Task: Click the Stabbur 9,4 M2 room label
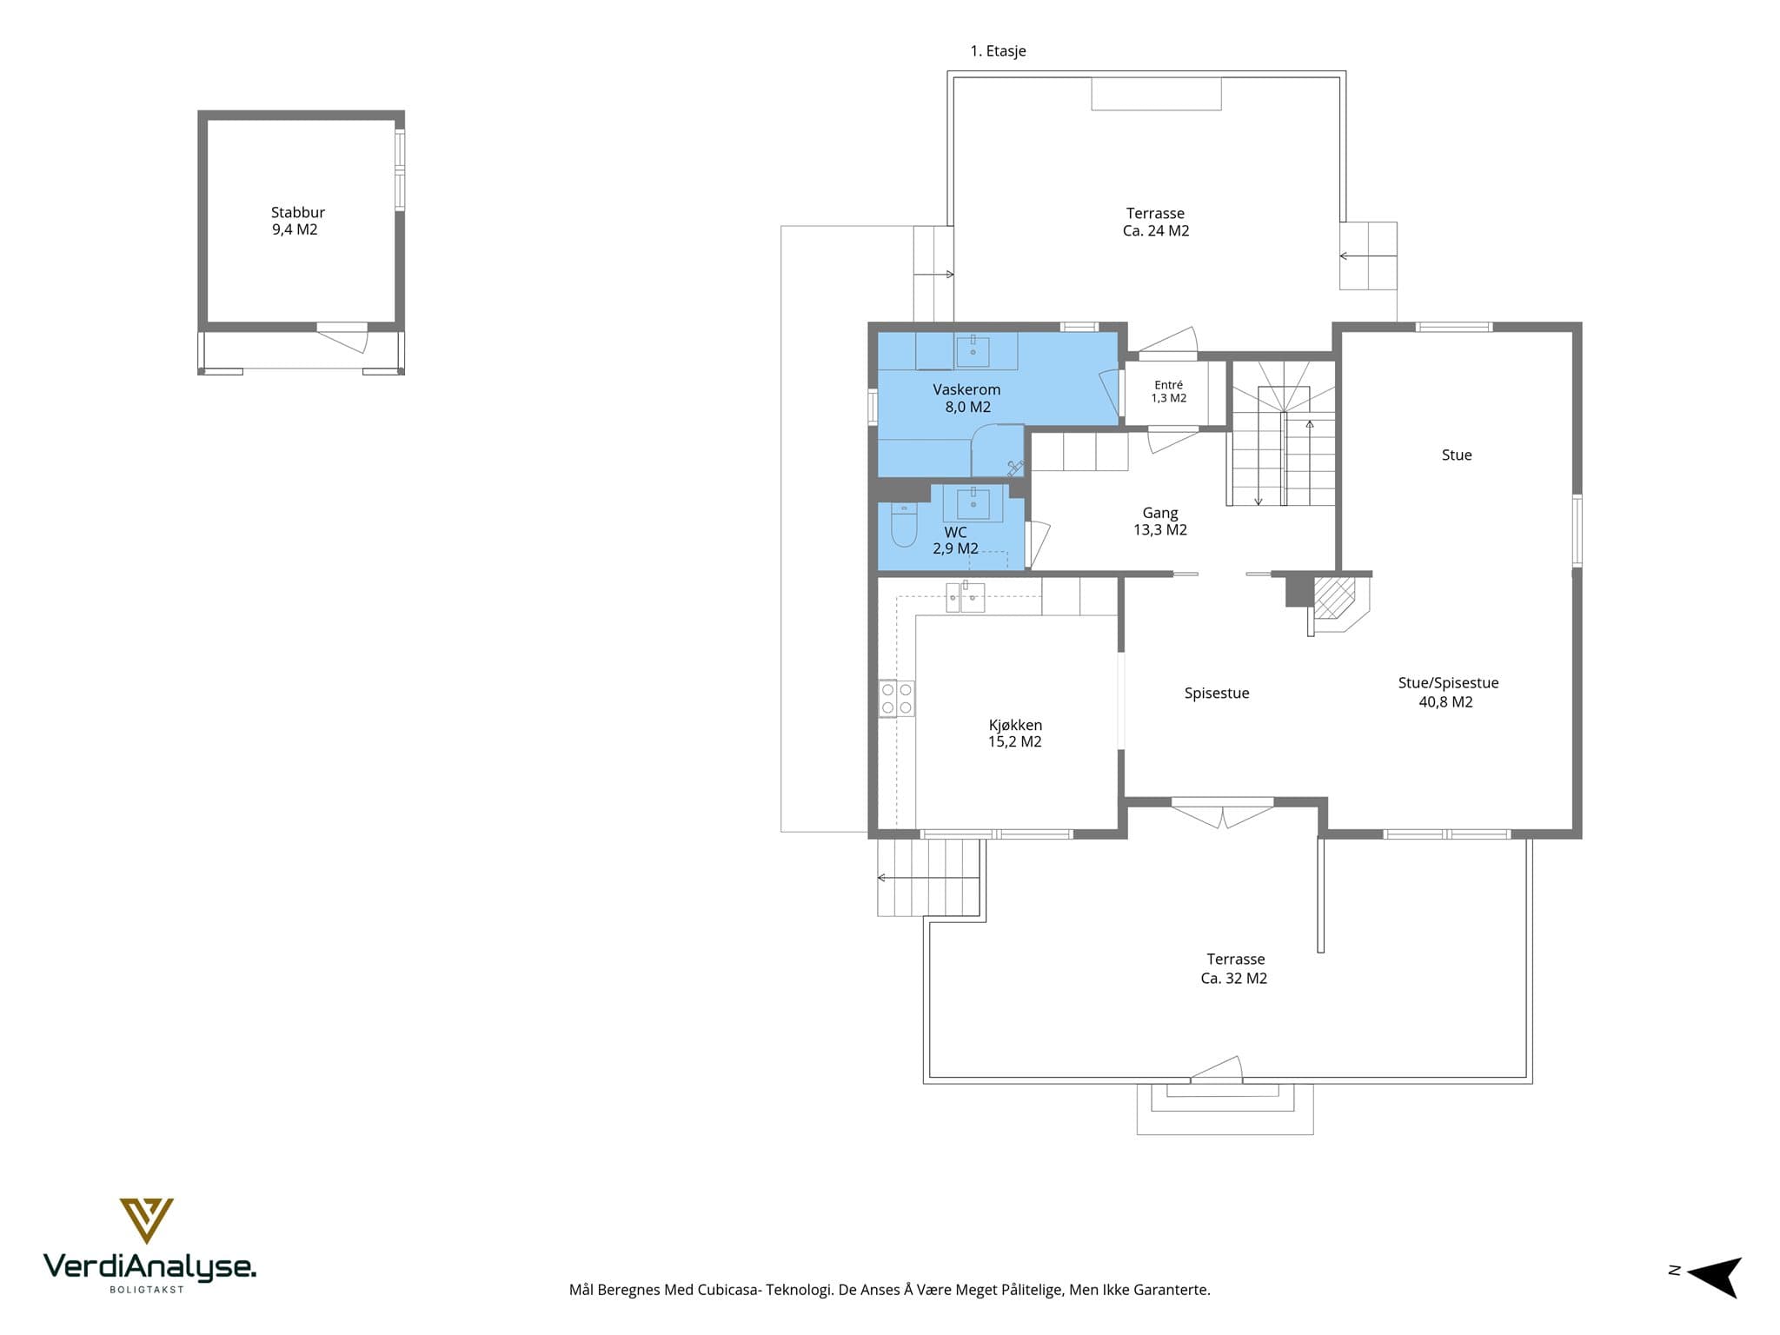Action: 297,221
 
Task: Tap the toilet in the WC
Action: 904,525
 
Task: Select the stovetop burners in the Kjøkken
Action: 897,699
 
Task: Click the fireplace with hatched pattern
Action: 1333,597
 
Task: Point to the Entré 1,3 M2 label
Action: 1168,392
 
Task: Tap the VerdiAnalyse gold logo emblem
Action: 146,1220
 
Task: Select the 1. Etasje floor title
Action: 998,51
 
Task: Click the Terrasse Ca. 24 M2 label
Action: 1155,222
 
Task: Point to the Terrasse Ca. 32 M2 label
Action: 1234,969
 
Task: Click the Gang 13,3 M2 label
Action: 1159,521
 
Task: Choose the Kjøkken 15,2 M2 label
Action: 1014,734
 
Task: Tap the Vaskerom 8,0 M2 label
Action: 966,398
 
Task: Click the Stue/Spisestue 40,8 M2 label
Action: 1447,693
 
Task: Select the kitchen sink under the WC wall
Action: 965,597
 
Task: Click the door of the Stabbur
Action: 342,336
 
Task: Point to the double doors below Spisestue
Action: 1222,814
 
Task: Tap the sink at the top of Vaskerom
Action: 973,350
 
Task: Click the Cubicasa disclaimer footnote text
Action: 889,1290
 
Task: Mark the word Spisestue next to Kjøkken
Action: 1217,694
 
